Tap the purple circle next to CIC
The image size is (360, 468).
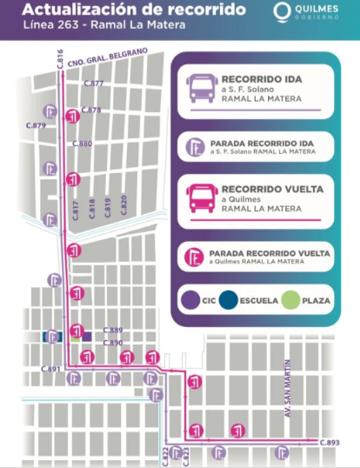click(x=190, y=301)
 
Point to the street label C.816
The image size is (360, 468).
click(x=60, y=60)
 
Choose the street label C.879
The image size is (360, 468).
click(x=37, y=126)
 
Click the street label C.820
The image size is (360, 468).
click(x=123, y=205)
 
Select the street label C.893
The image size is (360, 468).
click(x=329, y=443)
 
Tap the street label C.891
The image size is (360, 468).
click(x=50, y=370)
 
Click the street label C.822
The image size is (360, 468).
click(x=163, y=455)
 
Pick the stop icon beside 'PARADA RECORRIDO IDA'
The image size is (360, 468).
click(x=197, y=144)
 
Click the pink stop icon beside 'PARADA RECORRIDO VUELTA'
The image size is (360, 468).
click(x=197, y=255)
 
